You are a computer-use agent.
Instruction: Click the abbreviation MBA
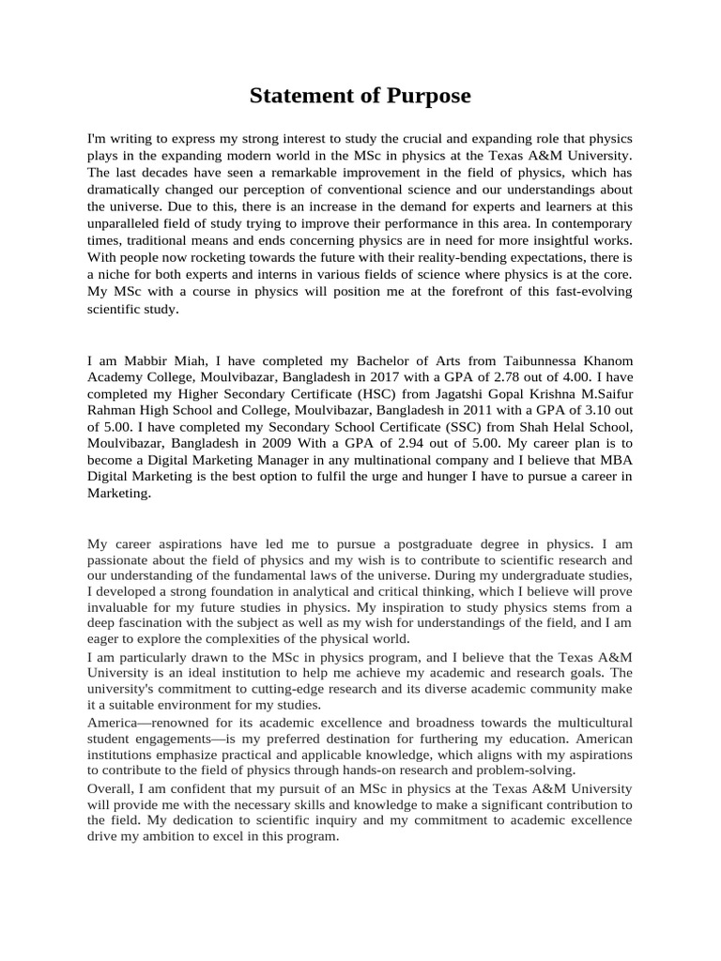614,463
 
